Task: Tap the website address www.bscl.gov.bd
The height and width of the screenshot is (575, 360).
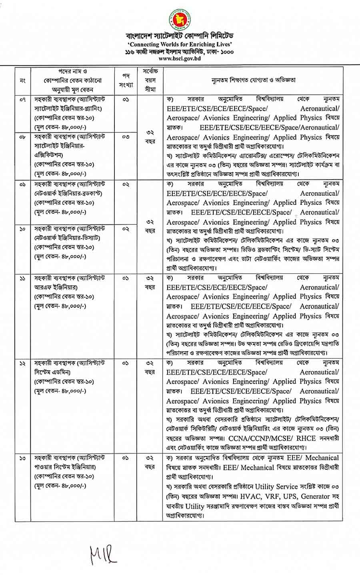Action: [x=180, y=58]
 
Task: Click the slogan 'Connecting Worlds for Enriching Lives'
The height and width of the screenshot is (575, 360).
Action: [x=180, y=45]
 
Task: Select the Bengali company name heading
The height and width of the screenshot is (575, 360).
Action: [x=180, y=38]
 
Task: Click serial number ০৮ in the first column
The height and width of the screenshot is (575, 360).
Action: [x=22, y=137]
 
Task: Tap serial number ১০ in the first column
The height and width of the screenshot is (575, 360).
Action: [x=22, y=229]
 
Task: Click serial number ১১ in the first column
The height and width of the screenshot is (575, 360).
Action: [x=22, y=278]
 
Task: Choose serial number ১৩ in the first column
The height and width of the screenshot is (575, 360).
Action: [x=22, y=457]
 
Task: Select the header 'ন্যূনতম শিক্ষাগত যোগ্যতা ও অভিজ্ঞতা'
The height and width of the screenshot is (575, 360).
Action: [x=254, y=80]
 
